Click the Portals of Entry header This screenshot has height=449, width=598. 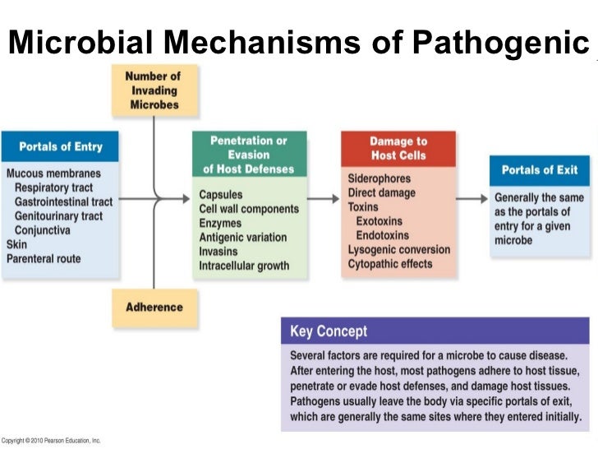(x=61, y=146)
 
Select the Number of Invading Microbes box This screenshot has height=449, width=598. (x=153, y=90)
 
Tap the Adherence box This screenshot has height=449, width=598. (x=154, y=308)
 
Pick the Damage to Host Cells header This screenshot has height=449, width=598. (x=398, y=148)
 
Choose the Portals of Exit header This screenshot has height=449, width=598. (x=539, y=169)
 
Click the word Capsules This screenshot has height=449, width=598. (x=220, y=196)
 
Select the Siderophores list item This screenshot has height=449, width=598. (x=379, y=178)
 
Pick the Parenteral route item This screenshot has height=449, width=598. (x=44, y=258)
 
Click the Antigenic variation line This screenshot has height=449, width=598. (x=243, y=238)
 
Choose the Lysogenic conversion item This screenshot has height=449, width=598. (x=398, y=249)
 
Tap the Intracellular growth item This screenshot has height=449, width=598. (x=244, y=266)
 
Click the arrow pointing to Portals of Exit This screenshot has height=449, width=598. (x=471, y=198)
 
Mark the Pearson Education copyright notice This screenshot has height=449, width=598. (x=51, y=441)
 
